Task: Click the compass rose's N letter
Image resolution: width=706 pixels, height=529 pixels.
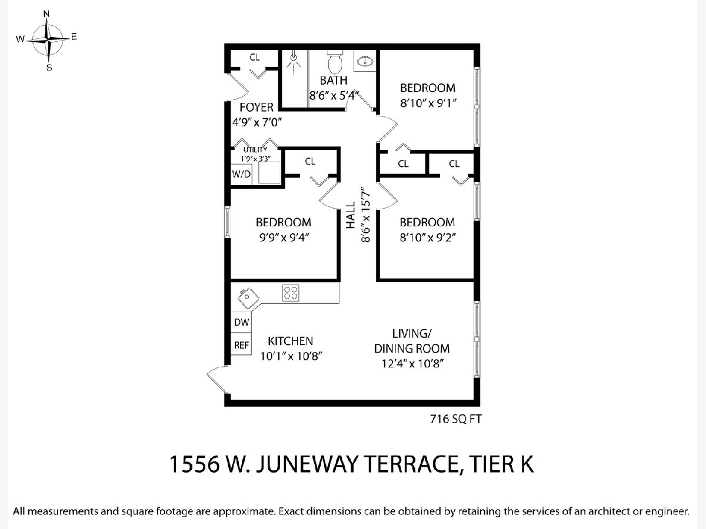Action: point(46,14)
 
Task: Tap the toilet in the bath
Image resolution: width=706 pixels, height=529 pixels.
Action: point(335,62)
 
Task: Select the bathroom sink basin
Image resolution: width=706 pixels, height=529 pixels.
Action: point(365,61)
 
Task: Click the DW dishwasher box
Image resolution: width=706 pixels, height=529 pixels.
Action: point(241,322)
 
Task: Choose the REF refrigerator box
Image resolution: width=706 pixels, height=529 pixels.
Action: point(241,344)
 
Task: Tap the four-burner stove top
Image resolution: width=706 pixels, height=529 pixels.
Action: point(291,293)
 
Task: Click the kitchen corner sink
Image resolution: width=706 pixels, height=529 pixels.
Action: point(248,297)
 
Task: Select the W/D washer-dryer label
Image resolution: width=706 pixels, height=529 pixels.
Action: point(241,175)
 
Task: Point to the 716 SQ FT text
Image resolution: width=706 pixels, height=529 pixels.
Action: point(456,419)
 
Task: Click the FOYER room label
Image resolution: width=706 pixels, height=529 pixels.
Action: point(257,107)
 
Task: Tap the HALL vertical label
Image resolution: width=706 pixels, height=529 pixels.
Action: point(350,215)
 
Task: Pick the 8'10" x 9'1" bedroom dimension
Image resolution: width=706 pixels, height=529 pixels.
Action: point(428,103)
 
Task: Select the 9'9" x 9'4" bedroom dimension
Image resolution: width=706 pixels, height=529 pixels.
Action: point(284,237)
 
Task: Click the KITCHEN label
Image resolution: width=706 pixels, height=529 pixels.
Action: point(291,341)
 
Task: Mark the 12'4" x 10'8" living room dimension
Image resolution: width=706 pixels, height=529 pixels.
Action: point(412,363)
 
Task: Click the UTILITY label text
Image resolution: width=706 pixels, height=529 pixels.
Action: point(255,150)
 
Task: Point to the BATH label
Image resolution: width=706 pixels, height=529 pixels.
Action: point(334,81)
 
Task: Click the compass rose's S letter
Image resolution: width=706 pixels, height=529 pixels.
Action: point(49,68)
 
